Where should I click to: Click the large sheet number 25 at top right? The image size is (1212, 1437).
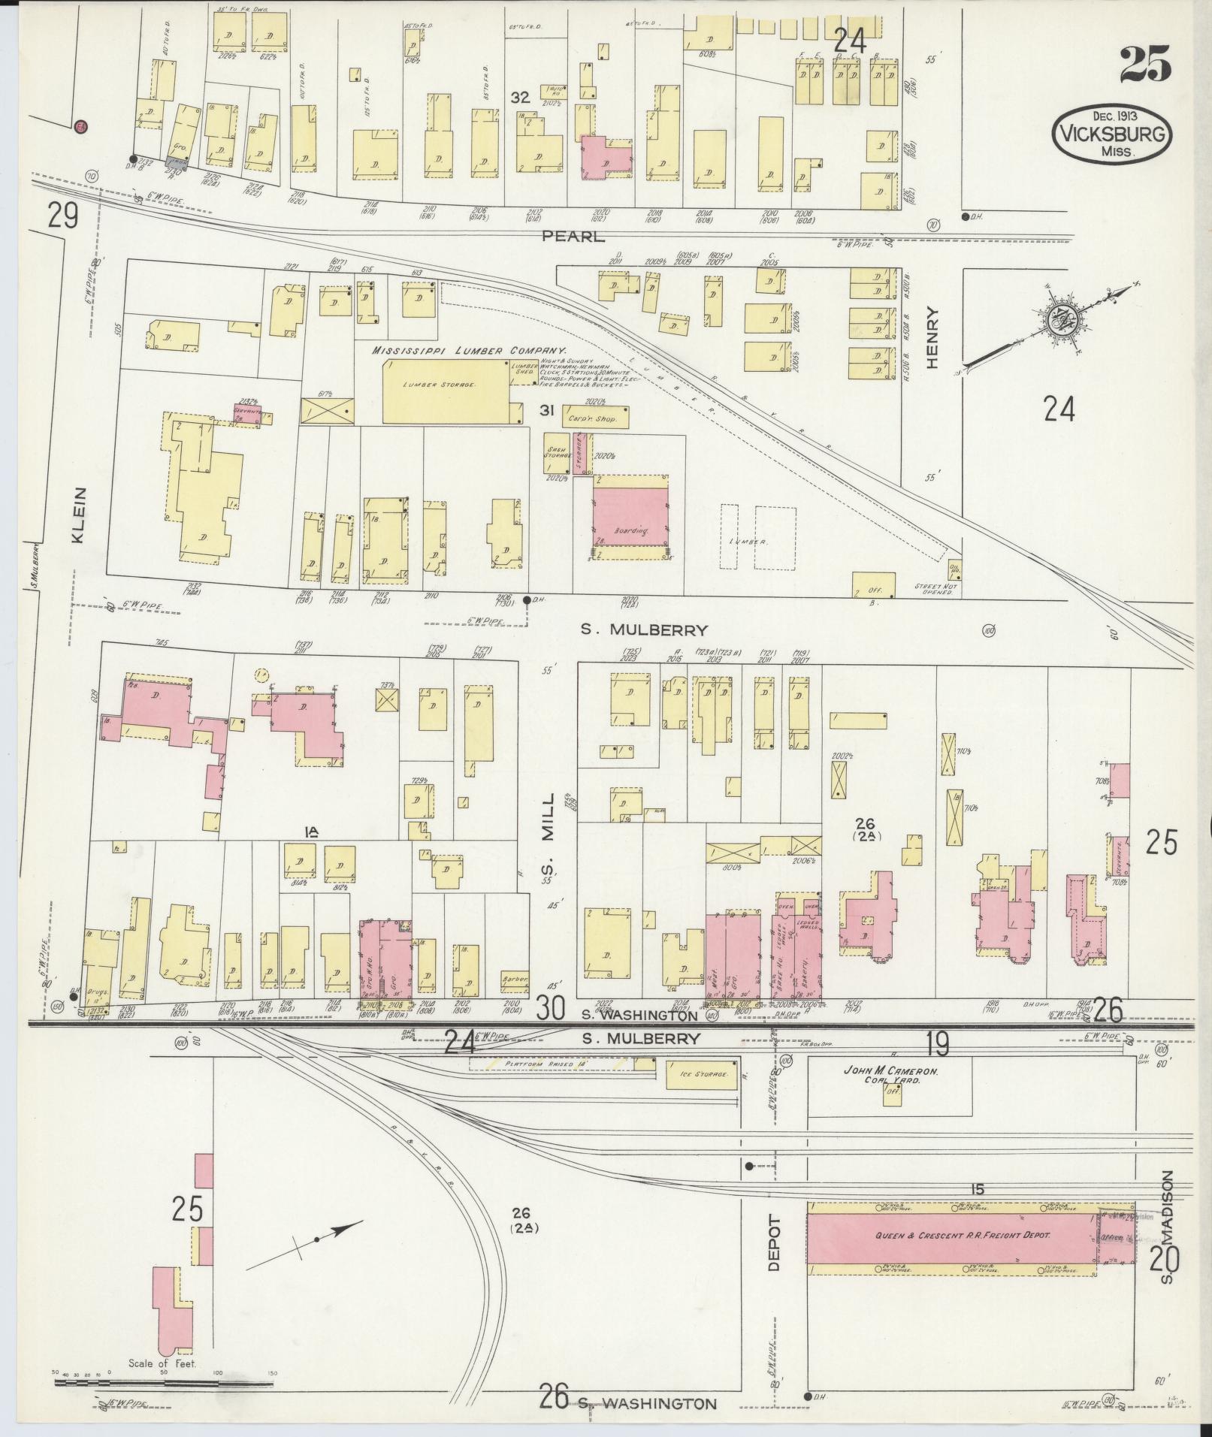point(1145,64)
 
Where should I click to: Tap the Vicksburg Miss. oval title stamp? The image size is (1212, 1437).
point(1112,134)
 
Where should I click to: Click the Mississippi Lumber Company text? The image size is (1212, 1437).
point(469,350)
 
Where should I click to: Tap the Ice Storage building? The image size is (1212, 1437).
point(699,1075)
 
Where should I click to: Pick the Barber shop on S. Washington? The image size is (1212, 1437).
point(515,980)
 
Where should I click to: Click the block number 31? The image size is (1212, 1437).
point(546,409)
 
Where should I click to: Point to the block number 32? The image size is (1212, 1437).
point(519,97)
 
